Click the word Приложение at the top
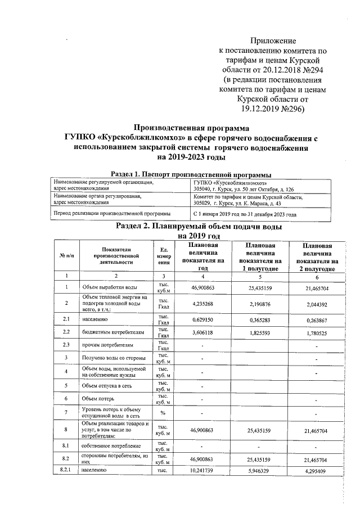(272, 40)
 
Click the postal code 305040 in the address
(204, 189)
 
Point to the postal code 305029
(204, 204)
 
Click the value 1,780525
(319, 333)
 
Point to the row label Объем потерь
(100, 399)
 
